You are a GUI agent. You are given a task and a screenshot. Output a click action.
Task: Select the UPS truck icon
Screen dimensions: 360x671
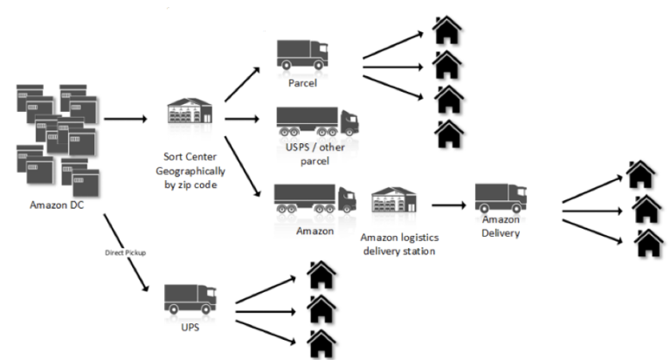tap(190, 300)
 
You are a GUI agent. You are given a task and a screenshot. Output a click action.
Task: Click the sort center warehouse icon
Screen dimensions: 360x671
tap(191, 114)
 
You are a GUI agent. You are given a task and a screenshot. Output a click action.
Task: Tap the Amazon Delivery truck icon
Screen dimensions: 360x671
tap(502, 197)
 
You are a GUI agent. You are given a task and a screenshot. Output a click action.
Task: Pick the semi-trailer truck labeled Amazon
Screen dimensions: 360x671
tap(315, 198)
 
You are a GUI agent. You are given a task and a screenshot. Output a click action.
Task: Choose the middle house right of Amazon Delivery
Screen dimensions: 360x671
tap(645, 209)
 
